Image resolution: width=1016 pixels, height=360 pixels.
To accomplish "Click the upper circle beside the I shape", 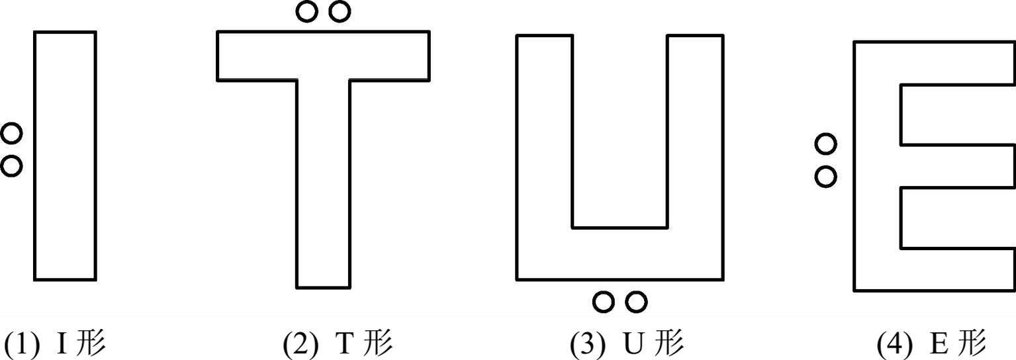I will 11,134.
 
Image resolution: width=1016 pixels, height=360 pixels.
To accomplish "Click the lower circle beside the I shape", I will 11,165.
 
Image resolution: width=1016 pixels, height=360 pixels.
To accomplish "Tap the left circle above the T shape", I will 306,11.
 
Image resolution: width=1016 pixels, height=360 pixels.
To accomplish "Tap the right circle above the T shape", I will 339,11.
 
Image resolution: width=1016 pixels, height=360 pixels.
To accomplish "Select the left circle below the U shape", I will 603,302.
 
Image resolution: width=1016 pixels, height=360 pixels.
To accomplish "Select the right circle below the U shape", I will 635,302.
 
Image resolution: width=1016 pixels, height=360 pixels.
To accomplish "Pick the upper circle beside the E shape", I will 825,143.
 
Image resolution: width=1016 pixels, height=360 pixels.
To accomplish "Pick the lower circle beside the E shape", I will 825,177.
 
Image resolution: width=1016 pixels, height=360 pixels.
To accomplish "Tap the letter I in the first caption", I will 62,344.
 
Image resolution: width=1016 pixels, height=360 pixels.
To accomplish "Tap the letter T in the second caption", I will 346,344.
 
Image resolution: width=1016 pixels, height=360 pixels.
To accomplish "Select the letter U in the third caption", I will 634,344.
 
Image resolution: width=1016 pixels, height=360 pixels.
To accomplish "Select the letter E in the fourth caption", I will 939,344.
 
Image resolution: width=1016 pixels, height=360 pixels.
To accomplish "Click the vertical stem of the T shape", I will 323,185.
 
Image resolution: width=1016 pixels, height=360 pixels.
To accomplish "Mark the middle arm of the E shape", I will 956,166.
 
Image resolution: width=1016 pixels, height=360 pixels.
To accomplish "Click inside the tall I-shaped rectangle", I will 65,156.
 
